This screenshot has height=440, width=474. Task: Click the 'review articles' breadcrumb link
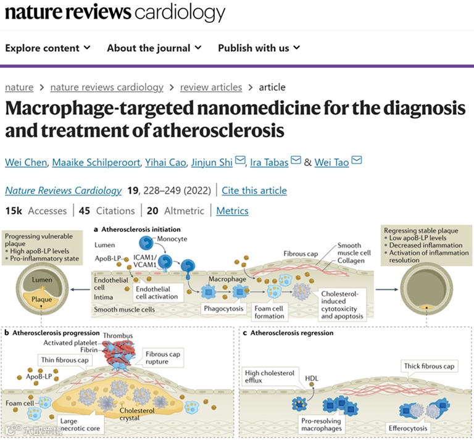[x=210, y=88]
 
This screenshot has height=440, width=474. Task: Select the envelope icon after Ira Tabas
[x=296, y=162]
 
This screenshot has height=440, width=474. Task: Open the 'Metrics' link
[x=232, y=211]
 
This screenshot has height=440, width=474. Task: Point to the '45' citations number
[x=84, y=211]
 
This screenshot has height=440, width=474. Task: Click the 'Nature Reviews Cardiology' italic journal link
[x=63, y=191]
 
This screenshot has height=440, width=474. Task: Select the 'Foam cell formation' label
[x=269, y=312]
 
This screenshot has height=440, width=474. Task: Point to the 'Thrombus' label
[x=117, y=336]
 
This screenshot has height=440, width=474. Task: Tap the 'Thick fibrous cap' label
[x=429, y=366]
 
